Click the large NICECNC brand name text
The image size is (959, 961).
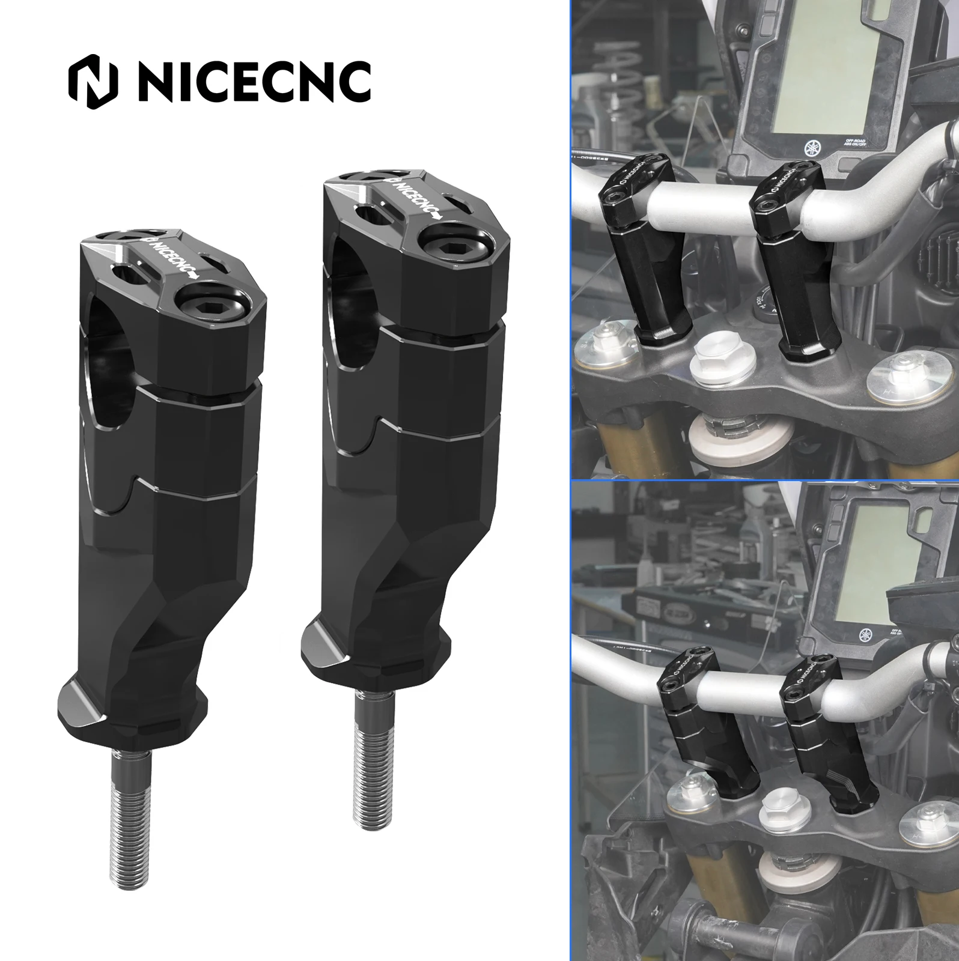click(255, 85)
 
